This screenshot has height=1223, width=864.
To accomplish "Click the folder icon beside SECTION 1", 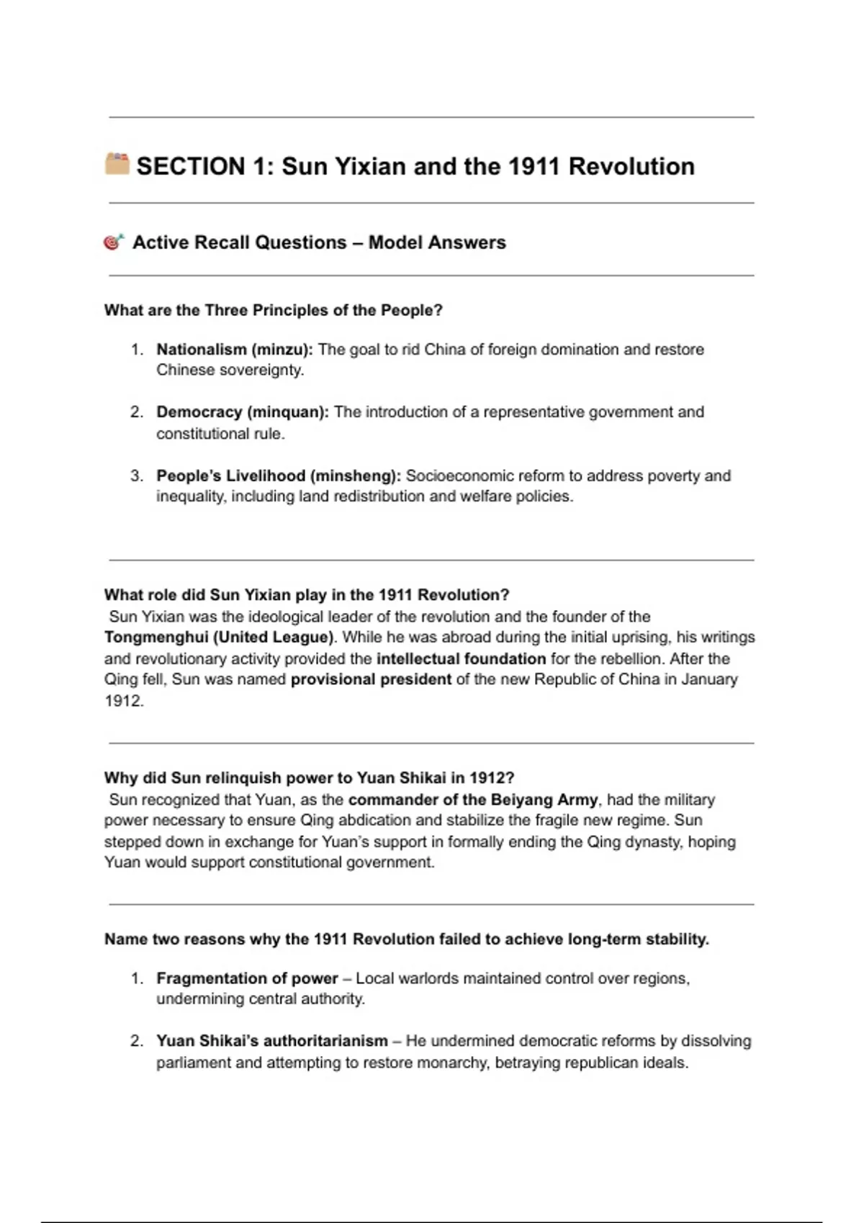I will (x=117, y=163).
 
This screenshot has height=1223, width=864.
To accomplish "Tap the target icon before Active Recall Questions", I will (x=114, y=242).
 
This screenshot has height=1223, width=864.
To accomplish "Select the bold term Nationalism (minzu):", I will (x=235, y=350).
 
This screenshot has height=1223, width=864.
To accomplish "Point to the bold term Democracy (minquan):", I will (x=243, y=412).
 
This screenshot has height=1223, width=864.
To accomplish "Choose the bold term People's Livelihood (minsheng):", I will (x=279, y=476).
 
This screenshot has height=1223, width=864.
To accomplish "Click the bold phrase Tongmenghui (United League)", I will (x=220, y=637).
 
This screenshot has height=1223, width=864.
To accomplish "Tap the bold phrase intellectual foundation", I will (x=461, y=658).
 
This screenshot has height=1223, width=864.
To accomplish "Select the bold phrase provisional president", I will (x=371, y=679).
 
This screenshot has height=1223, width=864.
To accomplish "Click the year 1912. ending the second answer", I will (x=124, y=701).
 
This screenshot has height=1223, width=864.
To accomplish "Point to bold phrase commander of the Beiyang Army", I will (x=473, y=799).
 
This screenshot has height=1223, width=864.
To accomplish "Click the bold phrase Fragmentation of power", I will (x=247, y=978).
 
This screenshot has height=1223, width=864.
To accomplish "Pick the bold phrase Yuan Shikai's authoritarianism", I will (x=272, y=1041).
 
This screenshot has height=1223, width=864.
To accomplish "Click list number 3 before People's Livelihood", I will (x=136, y=476).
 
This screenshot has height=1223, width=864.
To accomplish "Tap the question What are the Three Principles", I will (x=273, y=310).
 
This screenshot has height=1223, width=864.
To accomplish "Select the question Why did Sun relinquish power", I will (x=309, y=778).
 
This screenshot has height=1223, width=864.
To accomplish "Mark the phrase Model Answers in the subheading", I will (x=437, y=242).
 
